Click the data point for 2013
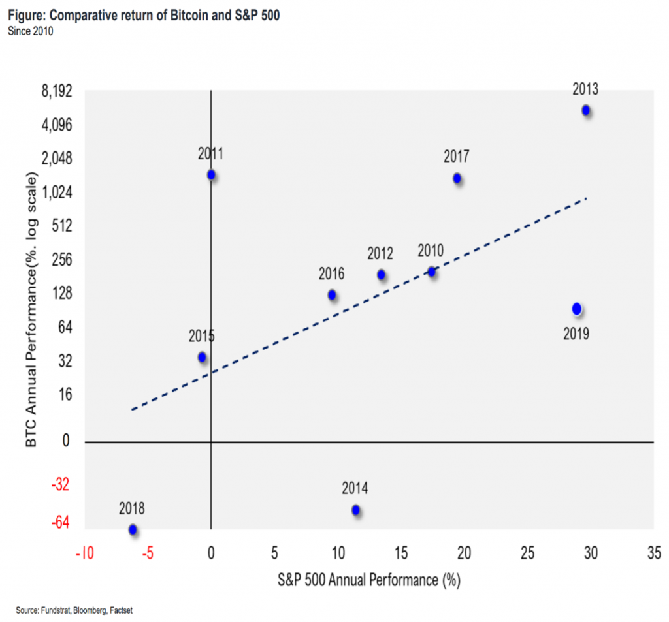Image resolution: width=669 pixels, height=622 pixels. click(x=586, y=110)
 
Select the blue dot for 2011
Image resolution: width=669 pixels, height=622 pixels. click(x=211, y=175)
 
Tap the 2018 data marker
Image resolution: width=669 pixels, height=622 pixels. click(x=133, y=529)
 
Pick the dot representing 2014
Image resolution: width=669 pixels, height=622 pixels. click(x=355, y=510)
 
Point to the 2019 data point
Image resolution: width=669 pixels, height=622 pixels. click(x=576, y=309)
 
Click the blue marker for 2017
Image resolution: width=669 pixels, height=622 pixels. click(x=457, y=178)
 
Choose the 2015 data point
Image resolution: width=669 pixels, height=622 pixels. click(x=202, y=357)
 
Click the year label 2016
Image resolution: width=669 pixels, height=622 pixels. click(x=331, y=274)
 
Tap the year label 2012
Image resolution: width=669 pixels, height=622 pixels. click(x=380, y=253)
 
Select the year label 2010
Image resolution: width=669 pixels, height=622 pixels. click(x=431, y=251)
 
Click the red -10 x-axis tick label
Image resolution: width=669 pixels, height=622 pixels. click(x=84, y=553)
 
